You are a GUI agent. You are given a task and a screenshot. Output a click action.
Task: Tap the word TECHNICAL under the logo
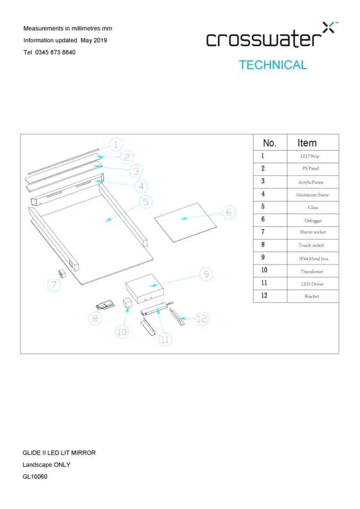pyautogui.click(x=273, y=65)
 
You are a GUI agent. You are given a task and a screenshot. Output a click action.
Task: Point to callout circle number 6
pyautogui.click(x=228, y=213)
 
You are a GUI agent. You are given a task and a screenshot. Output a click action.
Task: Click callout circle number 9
pyautogui.click(x=206, y=274)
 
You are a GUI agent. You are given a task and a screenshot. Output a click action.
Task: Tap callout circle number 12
pyautogui.click(x=201, y=319)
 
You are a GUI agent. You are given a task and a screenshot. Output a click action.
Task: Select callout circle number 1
pyautogui.click(x=117, y=144)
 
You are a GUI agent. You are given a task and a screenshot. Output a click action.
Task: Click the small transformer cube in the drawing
pyautogui.click(x=127, y=303)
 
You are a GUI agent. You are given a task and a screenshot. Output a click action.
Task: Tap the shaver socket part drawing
pyautogui.click(x=61, y=272)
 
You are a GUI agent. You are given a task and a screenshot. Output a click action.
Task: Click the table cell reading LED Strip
pyautogui.click(x=310, y=156)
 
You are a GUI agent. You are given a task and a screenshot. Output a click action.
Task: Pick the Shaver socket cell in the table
pyautogui.click(x=312, y=232)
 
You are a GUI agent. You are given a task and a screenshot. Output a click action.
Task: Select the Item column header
pyautogui.click(x=307, y=143)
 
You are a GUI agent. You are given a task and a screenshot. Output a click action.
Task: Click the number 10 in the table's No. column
pyautogui.click(x=264, y=271)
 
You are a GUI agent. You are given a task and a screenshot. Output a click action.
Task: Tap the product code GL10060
pyautogui.click(x=35, y=477)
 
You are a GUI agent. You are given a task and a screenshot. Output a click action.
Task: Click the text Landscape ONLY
pyautogui.click(x=46, y=464)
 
